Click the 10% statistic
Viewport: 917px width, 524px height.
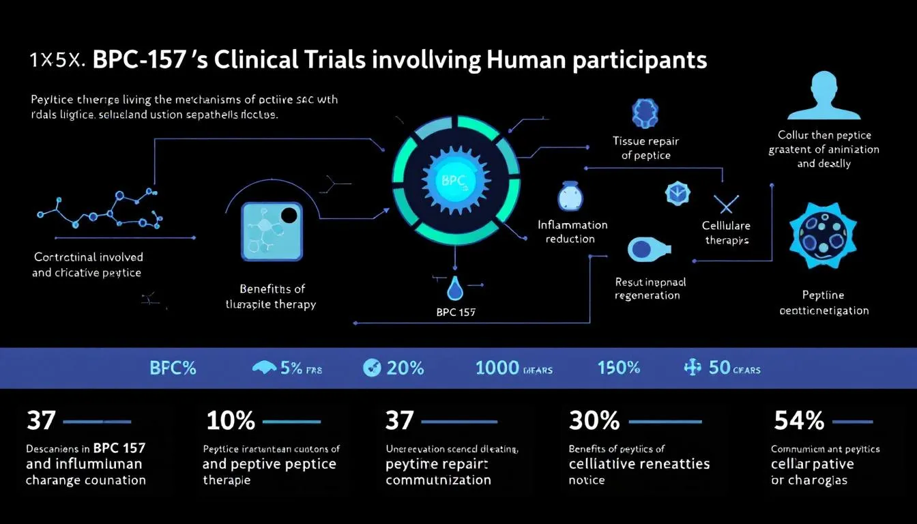(230, 421)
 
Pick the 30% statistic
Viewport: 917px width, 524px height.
(594, 421)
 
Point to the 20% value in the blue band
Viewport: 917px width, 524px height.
(405, 368)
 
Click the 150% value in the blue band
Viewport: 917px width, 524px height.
(619, 368)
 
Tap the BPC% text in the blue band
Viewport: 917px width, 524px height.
(173, 368)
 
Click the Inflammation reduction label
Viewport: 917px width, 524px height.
(572, 231)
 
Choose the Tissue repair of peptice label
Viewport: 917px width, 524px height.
(645, 148)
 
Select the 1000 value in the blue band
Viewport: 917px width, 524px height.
(497, 368)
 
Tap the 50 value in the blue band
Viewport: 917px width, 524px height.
(719, 368)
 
